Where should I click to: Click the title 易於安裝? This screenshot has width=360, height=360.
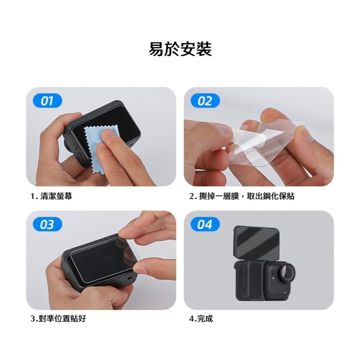tap(180, 49)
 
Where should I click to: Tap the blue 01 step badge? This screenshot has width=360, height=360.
tap(47, 101)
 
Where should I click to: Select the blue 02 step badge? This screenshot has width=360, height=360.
tap(205, 101)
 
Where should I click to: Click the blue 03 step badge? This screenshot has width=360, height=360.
tap(47, 225)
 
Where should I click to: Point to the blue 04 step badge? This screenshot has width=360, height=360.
tap(205, 225)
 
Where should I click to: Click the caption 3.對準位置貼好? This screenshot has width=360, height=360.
tap(58, 319)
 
